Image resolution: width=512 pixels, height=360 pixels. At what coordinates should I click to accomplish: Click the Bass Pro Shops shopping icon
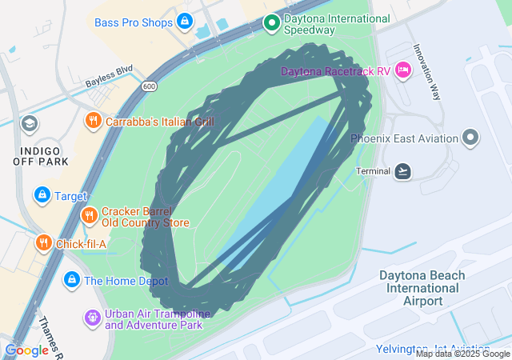186,22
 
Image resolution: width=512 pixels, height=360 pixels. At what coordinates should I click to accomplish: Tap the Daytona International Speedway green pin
271,23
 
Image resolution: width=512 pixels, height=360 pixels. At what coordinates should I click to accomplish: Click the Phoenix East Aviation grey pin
471,138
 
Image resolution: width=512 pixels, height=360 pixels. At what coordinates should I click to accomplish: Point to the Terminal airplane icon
403,171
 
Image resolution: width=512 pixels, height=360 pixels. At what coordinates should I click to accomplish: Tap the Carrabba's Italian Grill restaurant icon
94,122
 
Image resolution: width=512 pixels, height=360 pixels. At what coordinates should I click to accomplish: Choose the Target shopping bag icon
41,194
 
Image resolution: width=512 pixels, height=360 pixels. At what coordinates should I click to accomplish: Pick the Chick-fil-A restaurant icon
43,243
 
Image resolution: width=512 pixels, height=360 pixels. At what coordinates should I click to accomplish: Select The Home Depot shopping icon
71,280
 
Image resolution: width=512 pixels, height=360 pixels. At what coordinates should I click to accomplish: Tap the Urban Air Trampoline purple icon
93,318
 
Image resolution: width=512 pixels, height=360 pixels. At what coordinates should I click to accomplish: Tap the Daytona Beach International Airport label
423,287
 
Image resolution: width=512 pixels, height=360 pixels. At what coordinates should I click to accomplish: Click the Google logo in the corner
26,350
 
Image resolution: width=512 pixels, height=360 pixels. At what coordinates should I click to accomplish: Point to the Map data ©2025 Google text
462,354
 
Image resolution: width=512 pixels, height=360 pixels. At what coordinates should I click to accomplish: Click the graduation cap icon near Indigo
30,123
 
